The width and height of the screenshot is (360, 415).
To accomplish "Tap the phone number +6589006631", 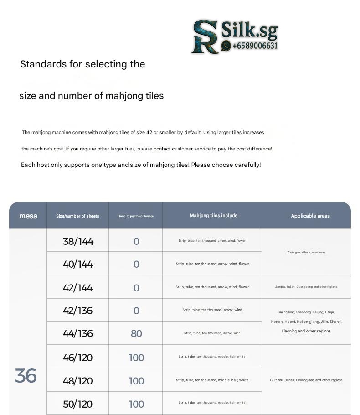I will tap(255, 46).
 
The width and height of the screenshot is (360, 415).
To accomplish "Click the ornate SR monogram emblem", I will tap(205, 36).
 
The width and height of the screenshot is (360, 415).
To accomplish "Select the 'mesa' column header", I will tap(28, 216).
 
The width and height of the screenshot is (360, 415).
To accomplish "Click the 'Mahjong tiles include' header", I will tap(213, 215).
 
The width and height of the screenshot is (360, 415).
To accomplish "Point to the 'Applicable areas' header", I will tap(310, 216).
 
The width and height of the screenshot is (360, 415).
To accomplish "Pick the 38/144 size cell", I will tap(78, 241).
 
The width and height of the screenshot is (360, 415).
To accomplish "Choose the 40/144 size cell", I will tap(78, 264).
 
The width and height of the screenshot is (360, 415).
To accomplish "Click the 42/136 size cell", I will tap(78, 311).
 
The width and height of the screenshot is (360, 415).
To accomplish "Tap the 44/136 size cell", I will tap(78, 333).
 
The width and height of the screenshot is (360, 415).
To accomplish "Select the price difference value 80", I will tap(136, 333).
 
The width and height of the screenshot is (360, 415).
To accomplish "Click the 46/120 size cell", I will tap(78, 358).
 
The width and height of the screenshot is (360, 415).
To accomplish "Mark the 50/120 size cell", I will tap(78, 404).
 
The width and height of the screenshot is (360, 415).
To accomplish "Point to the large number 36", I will tap(26, 376).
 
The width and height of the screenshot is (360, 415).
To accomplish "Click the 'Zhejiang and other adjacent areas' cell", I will tap(306, 252).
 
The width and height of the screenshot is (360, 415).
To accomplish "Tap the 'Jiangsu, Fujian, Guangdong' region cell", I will tap(306, 287).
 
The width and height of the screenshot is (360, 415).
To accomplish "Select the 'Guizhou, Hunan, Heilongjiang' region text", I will tap(306, 380).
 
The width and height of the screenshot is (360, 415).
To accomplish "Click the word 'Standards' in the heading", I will tap(43, 64).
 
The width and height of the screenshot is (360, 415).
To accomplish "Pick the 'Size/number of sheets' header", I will tap(77, 216).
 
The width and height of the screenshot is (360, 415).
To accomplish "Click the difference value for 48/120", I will tap(136, 381).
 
